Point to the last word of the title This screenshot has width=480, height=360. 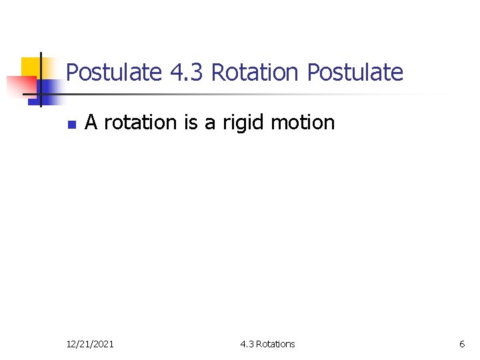[x=355, y=72]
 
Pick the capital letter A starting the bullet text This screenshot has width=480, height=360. [x=91, y=122]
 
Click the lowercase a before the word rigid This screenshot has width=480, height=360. [x=210, y=123]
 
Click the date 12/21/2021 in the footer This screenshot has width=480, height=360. [x=90, y=344]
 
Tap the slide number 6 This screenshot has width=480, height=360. [x=462, y=344]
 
